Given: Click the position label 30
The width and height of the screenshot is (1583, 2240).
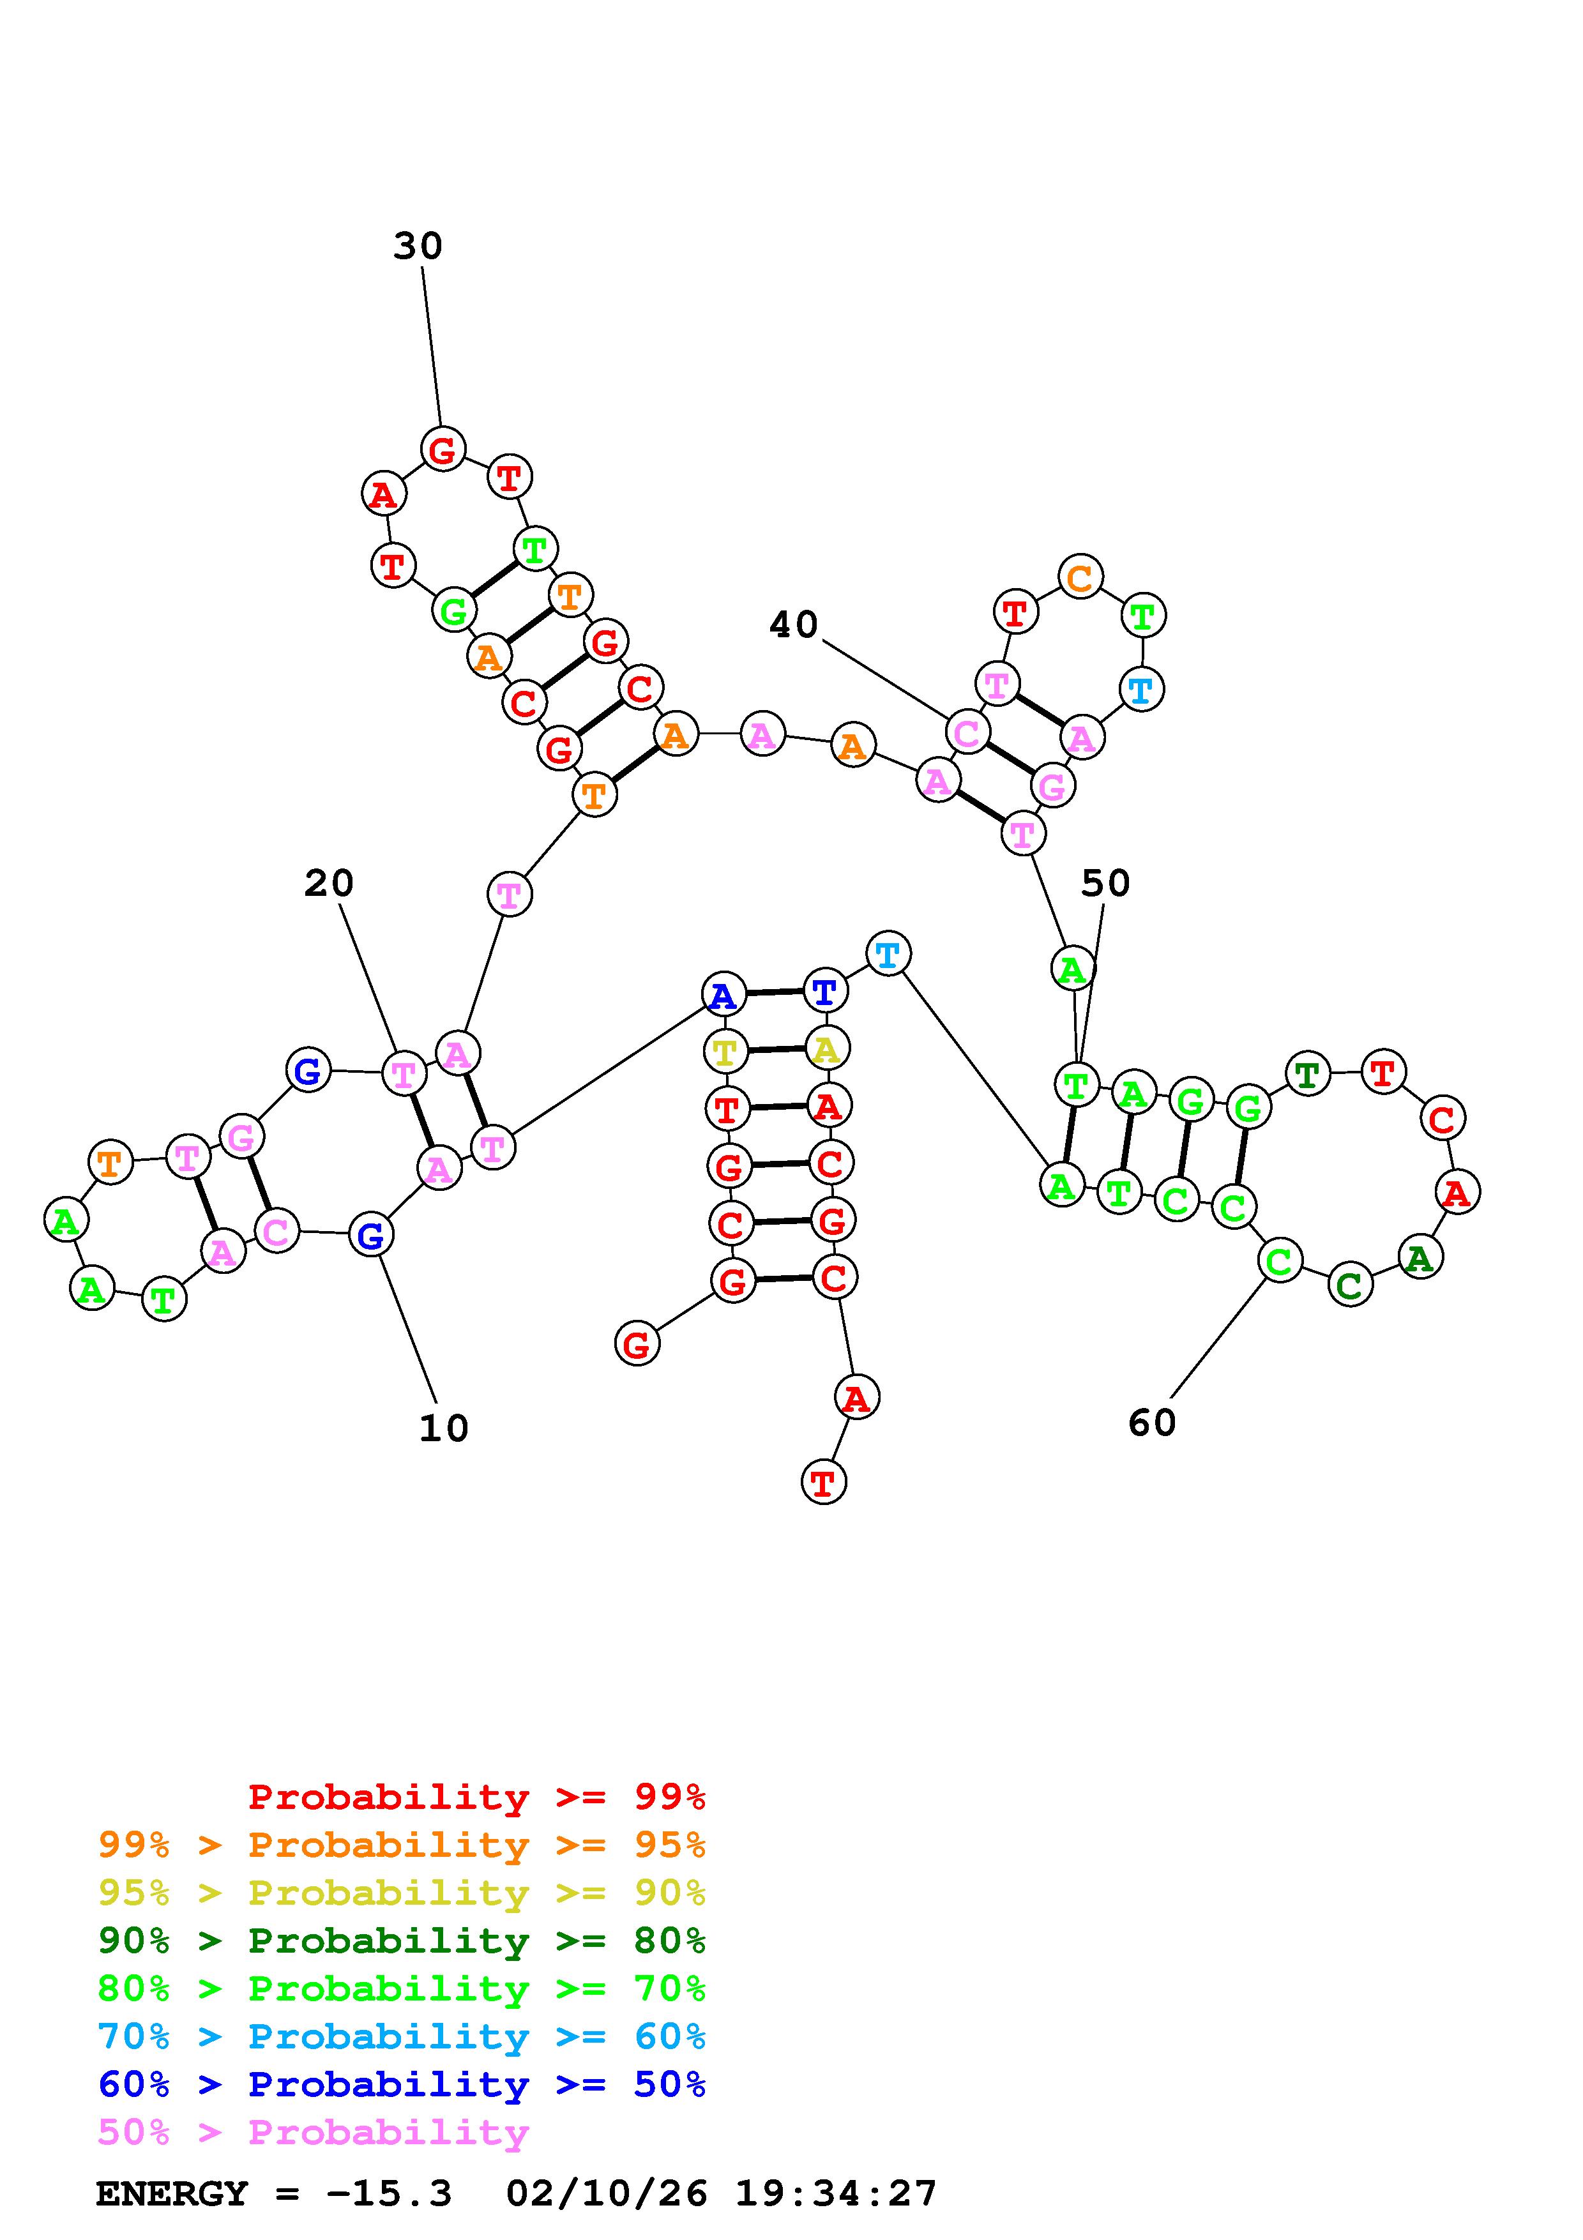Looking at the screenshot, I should pyautogui.click(x=418, y=246).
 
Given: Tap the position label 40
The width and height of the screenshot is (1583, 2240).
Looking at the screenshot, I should pyautogui.click(x=793, y=624).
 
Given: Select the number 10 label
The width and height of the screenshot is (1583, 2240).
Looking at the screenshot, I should pyautogui.click(x=444, y=1428).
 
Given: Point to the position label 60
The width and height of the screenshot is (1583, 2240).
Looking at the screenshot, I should pyautogui.click(x=1152, y=1423).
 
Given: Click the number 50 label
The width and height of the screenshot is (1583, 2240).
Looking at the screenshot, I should pyautogui.click(x=1105, y=883).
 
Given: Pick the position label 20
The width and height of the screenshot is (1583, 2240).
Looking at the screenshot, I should pyautogui.click(x=329, y=883).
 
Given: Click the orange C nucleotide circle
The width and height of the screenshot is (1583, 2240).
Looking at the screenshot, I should pyautogui.click(x=1080, y=578).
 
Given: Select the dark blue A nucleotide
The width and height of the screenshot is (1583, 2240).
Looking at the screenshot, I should pyautogui.click(x=723, y=995).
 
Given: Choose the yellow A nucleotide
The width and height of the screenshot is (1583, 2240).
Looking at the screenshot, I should pyautogui.click(x=827, y=1048).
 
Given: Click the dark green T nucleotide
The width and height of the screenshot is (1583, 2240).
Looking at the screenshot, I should pyautogui.click(x=1307, y=1074).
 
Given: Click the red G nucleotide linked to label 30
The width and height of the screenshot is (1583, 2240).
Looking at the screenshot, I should pyautogui.click(x=443, y=450).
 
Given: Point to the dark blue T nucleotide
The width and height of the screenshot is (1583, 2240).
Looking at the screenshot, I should pyautogui.click(x=825, y=991).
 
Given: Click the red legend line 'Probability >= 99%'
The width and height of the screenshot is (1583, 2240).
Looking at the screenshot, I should pyautogui.click(x=477, y=1797).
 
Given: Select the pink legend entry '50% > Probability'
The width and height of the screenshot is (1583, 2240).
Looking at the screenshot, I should pyautogui.click(x=313, y=2133).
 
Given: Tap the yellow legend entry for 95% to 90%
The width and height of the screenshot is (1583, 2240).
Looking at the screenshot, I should pyautogui.click(x=402, y=1893).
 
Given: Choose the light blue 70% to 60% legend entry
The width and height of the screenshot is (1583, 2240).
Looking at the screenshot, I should pyautogui.click(x=402, y=2037).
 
